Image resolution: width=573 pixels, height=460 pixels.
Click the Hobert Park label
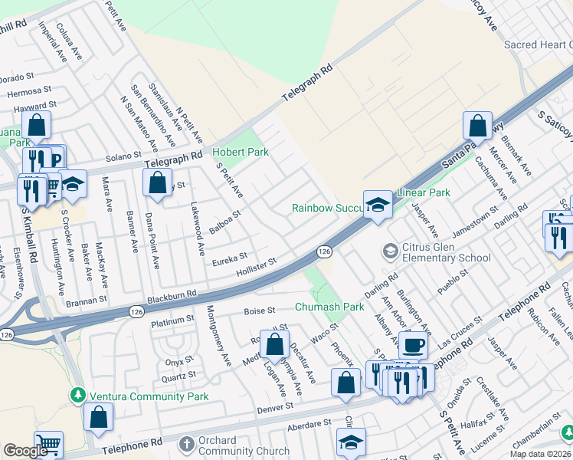[240, 152]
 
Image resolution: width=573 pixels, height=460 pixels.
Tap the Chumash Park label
[329, 307]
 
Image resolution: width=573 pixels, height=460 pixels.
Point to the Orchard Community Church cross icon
[187, 445]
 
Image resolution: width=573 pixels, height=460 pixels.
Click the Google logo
[25, 451]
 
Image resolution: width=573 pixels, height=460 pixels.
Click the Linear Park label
[422, 192]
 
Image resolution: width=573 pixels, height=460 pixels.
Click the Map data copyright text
[540, 454]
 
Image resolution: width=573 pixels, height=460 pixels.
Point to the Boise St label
[259, 310]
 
